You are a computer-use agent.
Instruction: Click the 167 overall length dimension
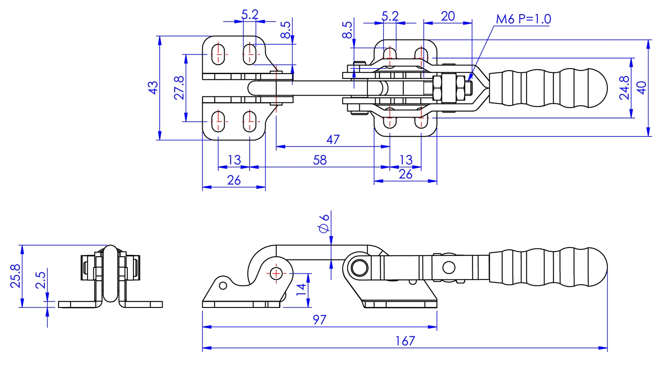click(x=405, y=341)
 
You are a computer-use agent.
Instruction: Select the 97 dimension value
click(x=319, y=320)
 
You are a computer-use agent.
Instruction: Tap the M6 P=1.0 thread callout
click(x=523, y=19)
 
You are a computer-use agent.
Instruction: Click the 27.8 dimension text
click(x=179, y=88)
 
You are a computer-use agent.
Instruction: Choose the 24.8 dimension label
click(x=624, y=88)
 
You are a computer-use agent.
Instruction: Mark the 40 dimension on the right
click(x=641, y=88)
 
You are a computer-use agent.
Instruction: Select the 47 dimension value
click(x=333, y=140)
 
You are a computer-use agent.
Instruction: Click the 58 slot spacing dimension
click(x=319, y=160)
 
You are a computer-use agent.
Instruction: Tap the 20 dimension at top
click(x=448, y=16)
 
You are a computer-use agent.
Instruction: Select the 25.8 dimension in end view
click(x=15, y=276)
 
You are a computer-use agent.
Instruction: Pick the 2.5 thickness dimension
click(x=41, y=280)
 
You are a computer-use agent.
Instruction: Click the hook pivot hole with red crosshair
click(x=275, y=273)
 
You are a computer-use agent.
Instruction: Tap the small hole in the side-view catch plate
click(x=222, y=285)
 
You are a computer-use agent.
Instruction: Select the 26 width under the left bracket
click(x=234, y=180)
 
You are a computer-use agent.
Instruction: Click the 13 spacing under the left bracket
click(x=234, y=160)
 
